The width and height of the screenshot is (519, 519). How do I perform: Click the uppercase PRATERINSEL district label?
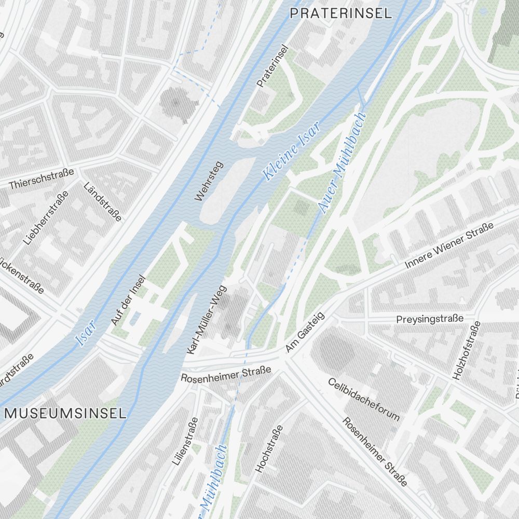340,13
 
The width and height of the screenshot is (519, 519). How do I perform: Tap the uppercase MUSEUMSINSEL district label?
65,414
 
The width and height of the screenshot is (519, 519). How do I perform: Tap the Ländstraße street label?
103,201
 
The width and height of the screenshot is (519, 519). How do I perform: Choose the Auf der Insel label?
129,301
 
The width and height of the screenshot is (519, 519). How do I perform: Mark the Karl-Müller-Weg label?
207,320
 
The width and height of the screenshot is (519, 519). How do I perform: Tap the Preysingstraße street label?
429,319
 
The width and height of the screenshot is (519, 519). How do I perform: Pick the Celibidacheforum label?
364,399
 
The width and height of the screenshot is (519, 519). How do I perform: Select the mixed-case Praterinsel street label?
272,66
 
